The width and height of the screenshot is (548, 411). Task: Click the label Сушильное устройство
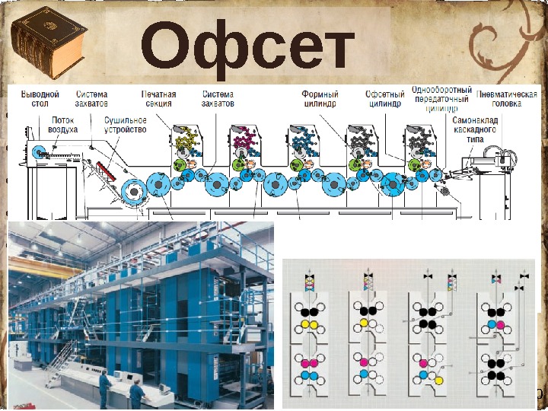pos(126,125)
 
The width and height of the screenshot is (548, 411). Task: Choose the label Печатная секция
pos(158,98)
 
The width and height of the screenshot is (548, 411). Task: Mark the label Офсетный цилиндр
pos(382,98)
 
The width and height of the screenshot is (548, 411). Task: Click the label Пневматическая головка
pos(502,98)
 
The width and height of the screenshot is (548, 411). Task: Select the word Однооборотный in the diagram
pos(441,89)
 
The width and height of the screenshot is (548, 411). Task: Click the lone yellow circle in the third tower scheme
pos(439,380)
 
